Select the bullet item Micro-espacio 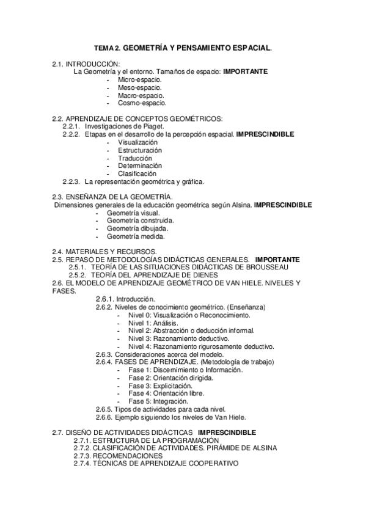coord(140,79)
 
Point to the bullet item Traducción coord(135,158)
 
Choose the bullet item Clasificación coord(137,173)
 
